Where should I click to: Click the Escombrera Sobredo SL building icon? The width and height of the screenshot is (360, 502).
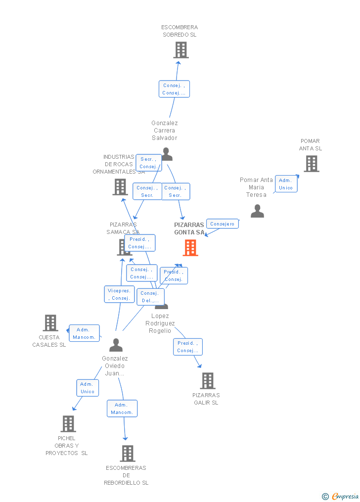[x=181, y=50]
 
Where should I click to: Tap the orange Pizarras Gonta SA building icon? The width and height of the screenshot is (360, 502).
[x=190, y=248]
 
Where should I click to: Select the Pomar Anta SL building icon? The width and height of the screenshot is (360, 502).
[x=311, y=164]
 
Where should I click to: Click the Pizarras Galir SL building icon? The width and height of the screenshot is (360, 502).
[x=208, y=381]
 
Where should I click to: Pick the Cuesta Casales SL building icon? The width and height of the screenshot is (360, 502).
[x=50, y=323]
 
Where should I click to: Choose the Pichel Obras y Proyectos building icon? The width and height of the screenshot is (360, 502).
[x=68, y=424]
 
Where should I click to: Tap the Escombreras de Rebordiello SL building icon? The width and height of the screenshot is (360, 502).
[x=128, y=454]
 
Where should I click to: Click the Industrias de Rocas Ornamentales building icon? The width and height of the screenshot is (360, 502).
[x=120, y=187]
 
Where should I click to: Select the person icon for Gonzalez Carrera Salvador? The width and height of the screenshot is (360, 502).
[x=167, y=155]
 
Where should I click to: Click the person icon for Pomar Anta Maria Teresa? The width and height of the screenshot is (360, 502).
[x=257, y=211]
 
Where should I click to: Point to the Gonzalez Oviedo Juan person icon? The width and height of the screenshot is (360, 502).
[x=116, y=345]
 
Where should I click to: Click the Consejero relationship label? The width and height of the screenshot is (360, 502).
[x=222, y=224]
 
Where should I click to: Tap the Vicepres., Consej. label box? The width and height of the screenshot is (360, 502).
[x=119, y=294]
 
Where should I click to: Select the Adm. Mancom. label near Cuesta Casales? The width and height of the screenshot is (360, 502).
[x=84, y=333]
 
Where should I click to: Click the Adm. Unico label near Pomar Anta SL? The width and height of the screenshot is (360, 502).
[x=286, y=184]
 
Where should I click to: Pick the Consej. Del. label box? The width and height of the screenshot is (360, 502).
[x=150, y=297]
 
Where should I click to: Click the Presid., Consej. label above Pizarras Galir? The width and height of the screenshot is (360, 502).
[x=187, y=347]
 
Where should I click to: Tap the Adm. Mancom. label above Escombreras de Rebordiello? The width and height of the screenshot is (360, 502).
[x=122, y=409]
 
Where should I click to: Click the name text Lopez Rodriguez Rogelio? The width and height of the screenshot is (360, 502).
[x=160, y=323]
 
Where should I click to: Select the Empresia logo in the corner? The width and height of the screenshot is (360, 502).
[x=341, y=496]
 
